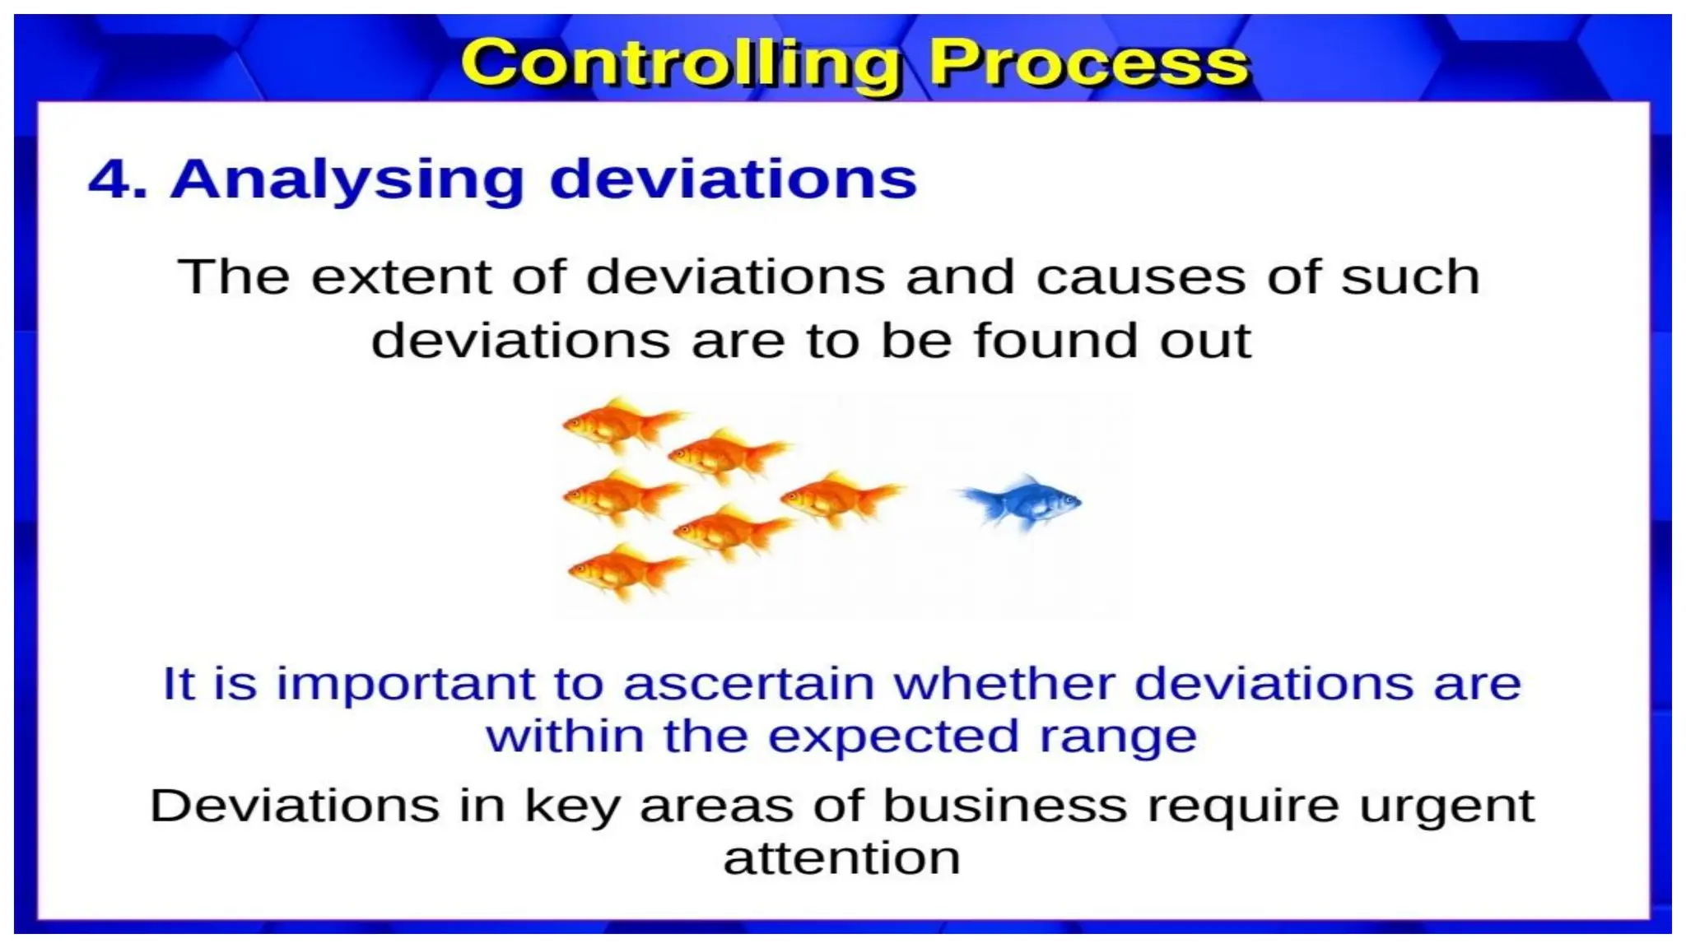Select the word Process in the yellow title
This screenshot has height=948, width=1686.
(1089, 64)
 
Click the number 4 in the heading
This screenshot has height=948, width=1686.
(109, 179)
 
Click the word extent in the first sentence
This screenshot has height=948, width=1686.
(400, 276)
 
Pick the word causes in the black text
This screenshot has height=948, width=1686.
(1140, 276)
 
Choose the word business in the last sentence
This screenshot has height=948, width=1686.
(1004, 805)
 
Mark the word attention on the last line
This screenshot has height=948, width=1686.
(841, 858)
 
